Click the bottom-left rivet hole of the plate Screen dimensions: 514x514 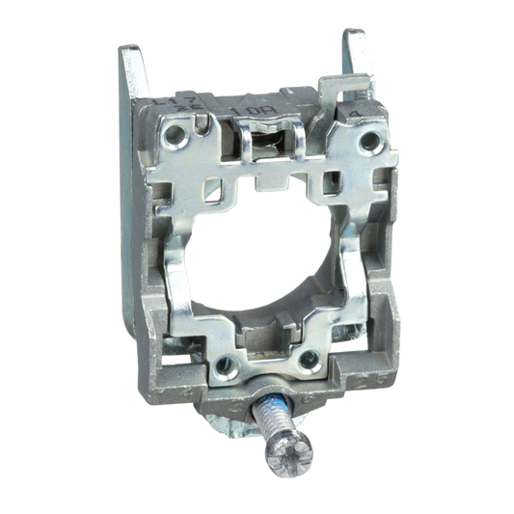(224, 363)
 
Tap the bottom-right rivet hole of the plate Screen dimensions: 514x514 (310, 361)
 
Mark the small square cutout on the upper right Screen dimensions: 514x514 (338, 179)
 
